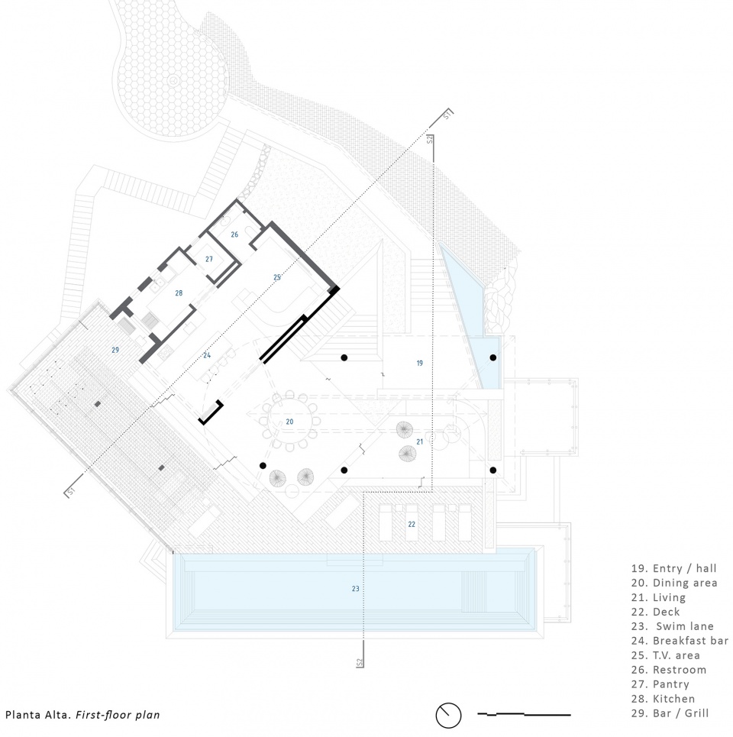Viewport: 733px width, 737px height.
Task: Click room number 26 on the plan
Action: pos(234,234)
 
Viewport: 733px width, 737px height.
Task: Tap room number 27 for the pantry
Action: pos(209,259)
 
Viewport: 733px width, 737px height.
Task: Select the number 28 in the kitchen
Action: pos(179,293)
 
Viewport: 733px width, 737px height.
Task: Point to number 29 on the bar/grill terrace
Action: pos(115,350)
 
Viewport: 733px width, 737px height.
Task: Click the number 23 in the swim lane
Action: pos(355,589)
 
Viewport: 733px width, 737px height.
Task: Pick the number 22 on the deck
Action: pos(412,524)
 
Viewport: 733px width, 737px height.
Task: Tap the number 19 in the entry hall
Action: pos(420,363)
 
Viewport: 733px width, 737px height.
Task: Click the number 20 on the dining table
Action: pos(289,422)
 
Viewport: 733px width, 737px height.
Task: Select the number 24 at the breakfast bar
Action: pos(207,355)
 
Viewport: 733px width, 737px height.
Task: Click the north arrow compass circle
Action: pos(448,716)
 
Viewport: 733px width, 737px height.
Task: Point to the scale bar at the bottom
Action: pos(524,714)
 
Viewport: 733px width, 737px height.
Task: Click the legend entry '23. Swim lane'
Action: pos(673,626)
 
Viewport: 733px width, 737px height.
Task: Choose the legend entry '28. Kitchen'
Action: pos(663,699)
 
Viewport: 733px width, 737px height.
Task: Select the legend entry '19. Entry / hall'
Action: pos(673,568)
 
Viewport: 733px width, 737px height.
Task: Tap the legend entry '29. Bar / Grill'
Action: pos(670,713)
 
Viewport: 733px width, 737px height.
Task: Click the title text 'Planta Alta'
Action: pos(38,716)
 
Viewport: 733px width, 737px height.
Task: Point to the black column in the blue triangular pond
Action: pos(493,357)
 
